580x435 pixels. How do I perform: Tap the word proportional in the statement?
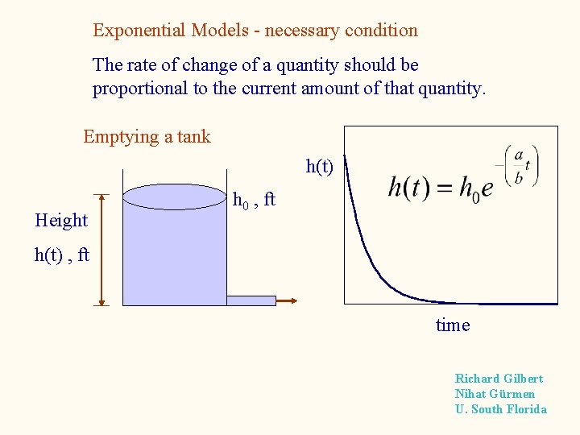(x=139, y=89)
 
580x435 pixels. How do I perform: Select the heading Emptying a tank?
(x=147, y=136)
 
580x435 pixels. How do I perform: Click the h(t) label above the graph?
(x=320, y=167)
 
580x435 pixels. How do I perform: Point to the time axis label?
(x=452, y=325)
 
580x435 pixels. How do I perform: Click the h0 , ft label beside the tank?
(x=254, y=199)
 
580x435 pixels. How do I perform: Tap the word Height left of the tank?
(x=61, y=220)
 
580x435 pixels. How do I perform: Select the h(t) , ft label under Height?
(x=61, y=255)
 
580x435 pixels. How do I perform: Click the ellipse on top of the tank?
(x=174, y=197)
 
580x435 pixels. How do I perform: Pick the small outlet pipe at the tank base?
(x=251, y=300)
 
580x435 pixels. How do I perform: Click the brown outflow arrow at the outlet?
(x=288, y=300)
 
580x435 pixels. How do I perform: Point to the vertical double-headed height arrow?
(x=101, y=250)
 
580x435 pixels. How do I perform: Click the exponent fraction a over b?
(x=518, y=167)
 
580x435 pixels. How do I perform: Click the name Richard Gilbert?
(x=499, y=379)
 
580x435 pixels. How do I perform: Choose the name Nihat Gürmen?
(x=495, y=394)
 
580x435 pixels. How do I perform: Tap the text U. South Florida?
(x=500, y=409)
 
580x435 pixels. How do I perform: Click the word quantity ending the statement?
(x=451, y=89)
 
